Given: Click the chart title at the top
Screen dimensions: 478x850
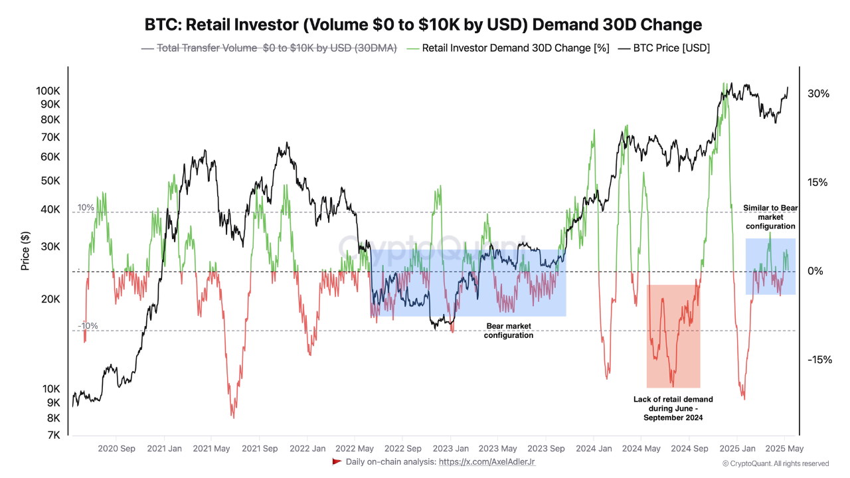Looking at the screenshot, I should pyautogui.click(x=423, y=25).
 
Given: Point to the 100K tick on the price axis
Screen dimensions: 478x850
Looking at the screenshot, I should pyautogui.click(x=48, y=90).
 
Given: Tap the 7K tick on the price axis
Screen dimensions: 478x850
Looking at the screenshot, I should pyautogui.click(x=52, y=435).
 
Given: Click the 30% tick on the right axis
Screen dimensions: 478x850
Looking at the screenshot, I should pyautogui.click(x=818, y=94).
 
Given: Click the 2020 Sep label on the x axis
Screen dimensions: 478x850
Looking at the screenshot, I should pyautogui.click(x=116, y=449).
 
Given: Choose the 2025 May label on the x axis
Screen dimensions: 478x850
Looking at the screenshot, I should pyautogui.click(x=786, y=449).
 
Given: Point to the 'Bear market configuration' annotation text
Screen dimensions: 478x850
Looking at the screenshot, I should pyautogui.click(x=509, y=331).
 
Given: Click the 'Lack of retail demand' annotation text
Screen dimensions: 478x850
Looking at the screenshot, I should pyautogui.click(x=673, y=408).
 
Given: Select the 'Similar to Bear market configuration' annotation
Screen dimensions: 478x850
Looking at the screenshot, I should pyautogui.click(x=770, y=217).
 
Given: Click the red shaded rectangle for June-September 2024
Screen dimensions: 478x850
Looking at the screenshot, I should pyautogui.click(x=673, y=336).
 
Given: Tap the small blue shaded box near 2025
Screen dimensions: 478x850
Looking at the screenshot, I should pyautogui.click(x=770, y=266).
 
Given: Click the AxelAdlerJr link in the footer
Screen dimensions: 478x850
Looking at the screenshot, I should pyautogui.click(x=487, y=461).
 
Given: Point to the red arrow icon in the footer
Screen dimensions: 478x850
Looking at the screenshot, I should pyautogui.click(x=337, y=461).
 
